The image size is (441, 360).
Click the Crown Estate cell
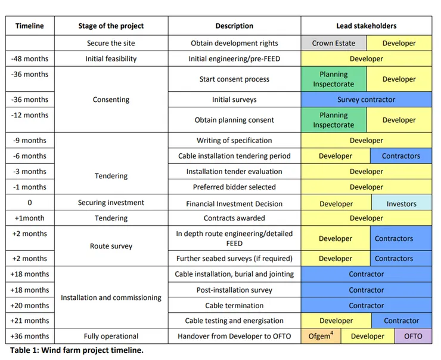[333, 43]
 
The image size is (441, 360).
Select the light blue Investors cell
[401, 203]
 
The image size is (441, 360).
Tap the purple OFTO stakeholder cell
[413, 336]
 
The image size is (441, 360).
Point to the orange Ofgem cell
[321, 336]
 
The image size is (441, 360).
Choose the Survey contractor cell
[366, 100]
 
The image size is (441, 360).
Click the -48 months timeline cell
[30, 59]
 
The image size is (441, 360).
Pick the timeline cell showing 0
[30, 203]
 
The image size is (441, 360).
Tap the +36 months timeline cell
[30, 336]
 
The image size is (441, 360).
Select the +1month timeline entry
[30, 218]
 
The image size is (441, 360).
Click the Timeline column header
[30, 26]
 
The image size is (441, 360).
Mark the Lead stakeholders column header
[366, 26]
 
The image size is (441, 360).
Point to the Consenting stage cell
[111, 100]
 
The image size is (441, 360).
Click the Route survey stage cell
[111, 246]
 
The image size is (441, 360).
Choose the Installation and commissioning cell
[111, 297]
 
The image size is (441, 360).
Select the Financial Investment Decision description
[234, 203]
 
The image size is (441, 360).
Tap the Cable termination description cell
[234, 305]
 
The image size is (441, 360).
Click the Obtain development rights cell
[234, 43]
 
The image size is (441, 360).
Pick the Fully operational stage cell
[111, 336]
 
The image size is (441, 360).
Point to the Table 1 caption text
[76, 350]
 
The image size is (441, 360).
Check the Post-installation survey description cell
[234, 290]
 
